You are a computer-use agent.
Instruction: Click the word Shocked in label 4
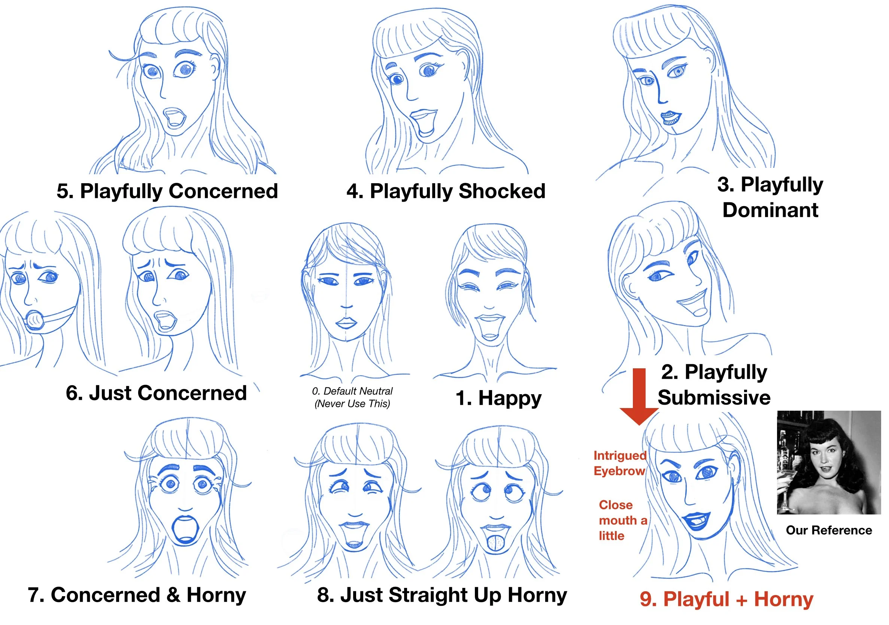[x=502, y=191]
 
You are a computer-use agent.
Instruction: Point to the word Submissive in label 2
[x=714, y=398]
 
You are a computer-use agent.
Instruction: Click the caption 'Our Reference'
[x=829, y=530]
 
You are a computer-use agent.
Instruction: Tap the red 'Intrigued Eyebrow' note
[x=619, y=463]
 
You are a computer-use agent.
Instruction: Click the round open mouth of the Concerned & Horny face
[x=185, y=530]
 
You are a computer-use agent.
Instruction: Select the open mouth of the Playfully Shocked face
[x=424, y=123]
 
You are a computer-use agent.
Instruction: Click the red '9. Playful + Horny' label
[x=726, y=599]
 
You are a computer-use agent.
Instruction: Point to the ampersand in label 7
[x=173, y=595]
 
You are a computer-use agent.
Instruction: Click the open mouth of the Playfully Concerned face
[x=174, y=117]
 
